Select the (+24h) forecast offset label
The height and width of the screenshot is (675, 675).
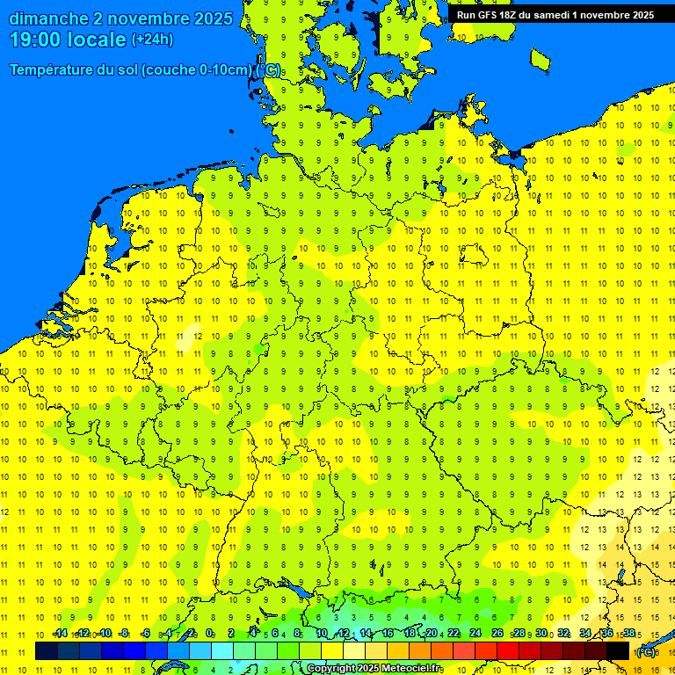coord(152,40)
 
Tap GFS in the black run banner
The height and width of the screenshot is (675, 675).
coord(486,15)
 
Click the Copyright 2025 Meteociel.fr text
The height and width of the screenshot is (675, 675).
coord(374,669)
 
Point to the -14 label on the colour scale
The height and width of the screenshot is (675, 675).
coord(60,634)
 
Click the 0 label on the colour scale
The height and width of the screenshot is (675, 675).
coord(210,634)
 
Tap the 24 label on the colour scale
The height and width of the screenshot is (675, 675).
coord(475,634)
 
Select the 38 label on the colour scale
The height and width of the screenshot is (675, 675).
coord(629,634)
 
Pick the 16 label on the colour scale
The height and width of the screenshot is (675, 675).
coord(388,634)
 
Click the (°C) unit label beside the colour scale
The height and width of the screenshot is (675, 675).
coord(646,652)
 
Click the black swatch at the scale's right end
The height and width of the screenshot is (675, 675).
coord(618,651)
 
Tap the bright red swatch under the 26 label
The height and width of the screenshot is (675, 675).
coord(507,651)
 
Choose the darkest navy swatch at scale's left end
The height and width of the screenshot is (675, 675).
coord(47,651)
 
